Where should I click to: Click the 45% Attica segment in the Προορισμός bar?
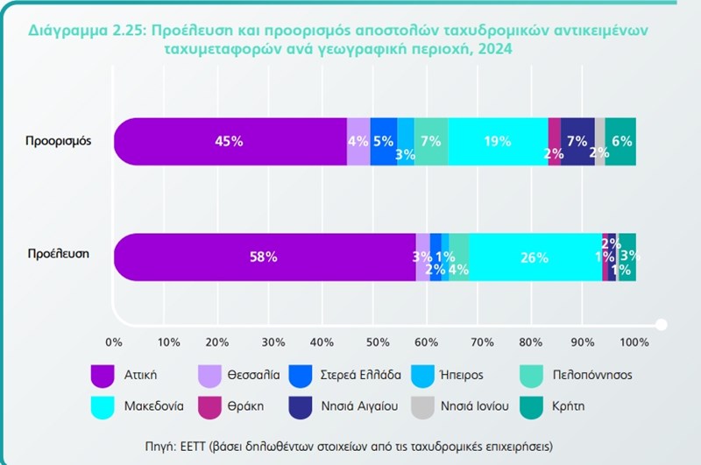point(230,141)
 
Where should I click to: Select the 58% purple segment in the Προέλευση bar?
point(264,257)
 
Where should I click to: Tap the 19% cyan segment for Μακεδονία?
point(498,141)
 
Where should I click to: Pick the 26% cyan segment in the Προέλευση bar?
point(535,257)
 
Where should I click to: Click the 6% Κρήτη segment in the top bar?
point(620,141)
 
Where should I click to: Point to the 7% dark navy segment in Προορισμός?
point(577,141)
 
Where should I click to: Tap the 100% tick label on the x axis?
point(634,341)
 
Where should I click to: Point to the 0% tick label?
point(113,341)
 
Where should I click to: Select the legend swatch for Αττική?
point(104,375)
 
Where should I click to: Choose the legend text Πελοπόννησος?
point(594,375)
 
